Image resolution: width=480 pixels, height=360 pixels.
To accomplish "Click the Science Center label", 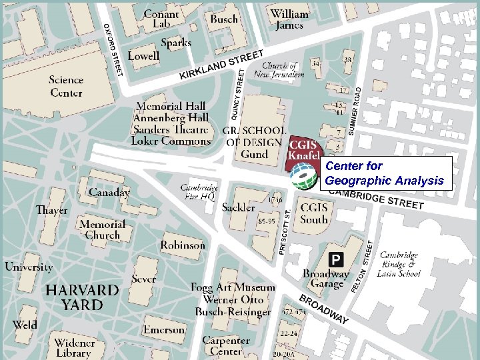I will [66, 86].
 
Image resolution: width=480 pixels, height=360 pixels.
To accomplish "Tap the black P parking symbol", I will [337, 259].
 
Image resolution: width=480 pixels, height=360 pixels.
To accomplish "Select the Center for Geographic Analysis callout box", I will [384, 173].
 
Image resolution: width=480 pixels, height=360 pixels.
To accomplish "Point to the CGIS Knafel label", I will [304, 149].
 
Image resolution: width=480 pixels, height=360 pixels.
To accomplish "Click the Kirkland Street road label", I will [221, 65].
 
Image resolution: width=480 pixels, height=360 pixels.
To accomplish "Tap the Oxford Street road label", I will [113, 49].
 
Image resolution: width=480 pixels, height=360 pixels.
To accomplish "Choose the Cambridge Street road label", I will [377, 197].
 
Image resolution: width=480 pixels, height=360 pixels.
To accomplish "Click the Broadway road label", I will [323, 309].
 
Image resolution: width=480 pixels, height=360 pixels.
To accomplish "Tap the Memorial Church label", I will [102, 229].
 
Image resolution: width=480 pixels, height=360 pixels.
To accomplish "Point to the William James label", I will [289, 19].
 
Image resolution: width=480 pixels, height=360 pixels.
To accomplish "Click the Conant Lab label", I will [161, 19].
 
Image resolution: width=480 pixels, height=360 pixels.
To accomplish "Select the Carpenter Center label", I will [226, 346].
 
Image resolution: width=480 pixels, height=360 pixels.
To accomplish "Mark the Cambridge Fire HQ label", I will [199, 193].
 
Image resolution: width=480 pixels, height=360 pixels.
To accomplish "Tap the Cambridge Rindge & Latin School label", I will [399, 264].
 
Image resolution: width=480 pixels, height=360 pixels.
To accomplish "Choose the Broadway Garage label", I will [326, 279].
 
